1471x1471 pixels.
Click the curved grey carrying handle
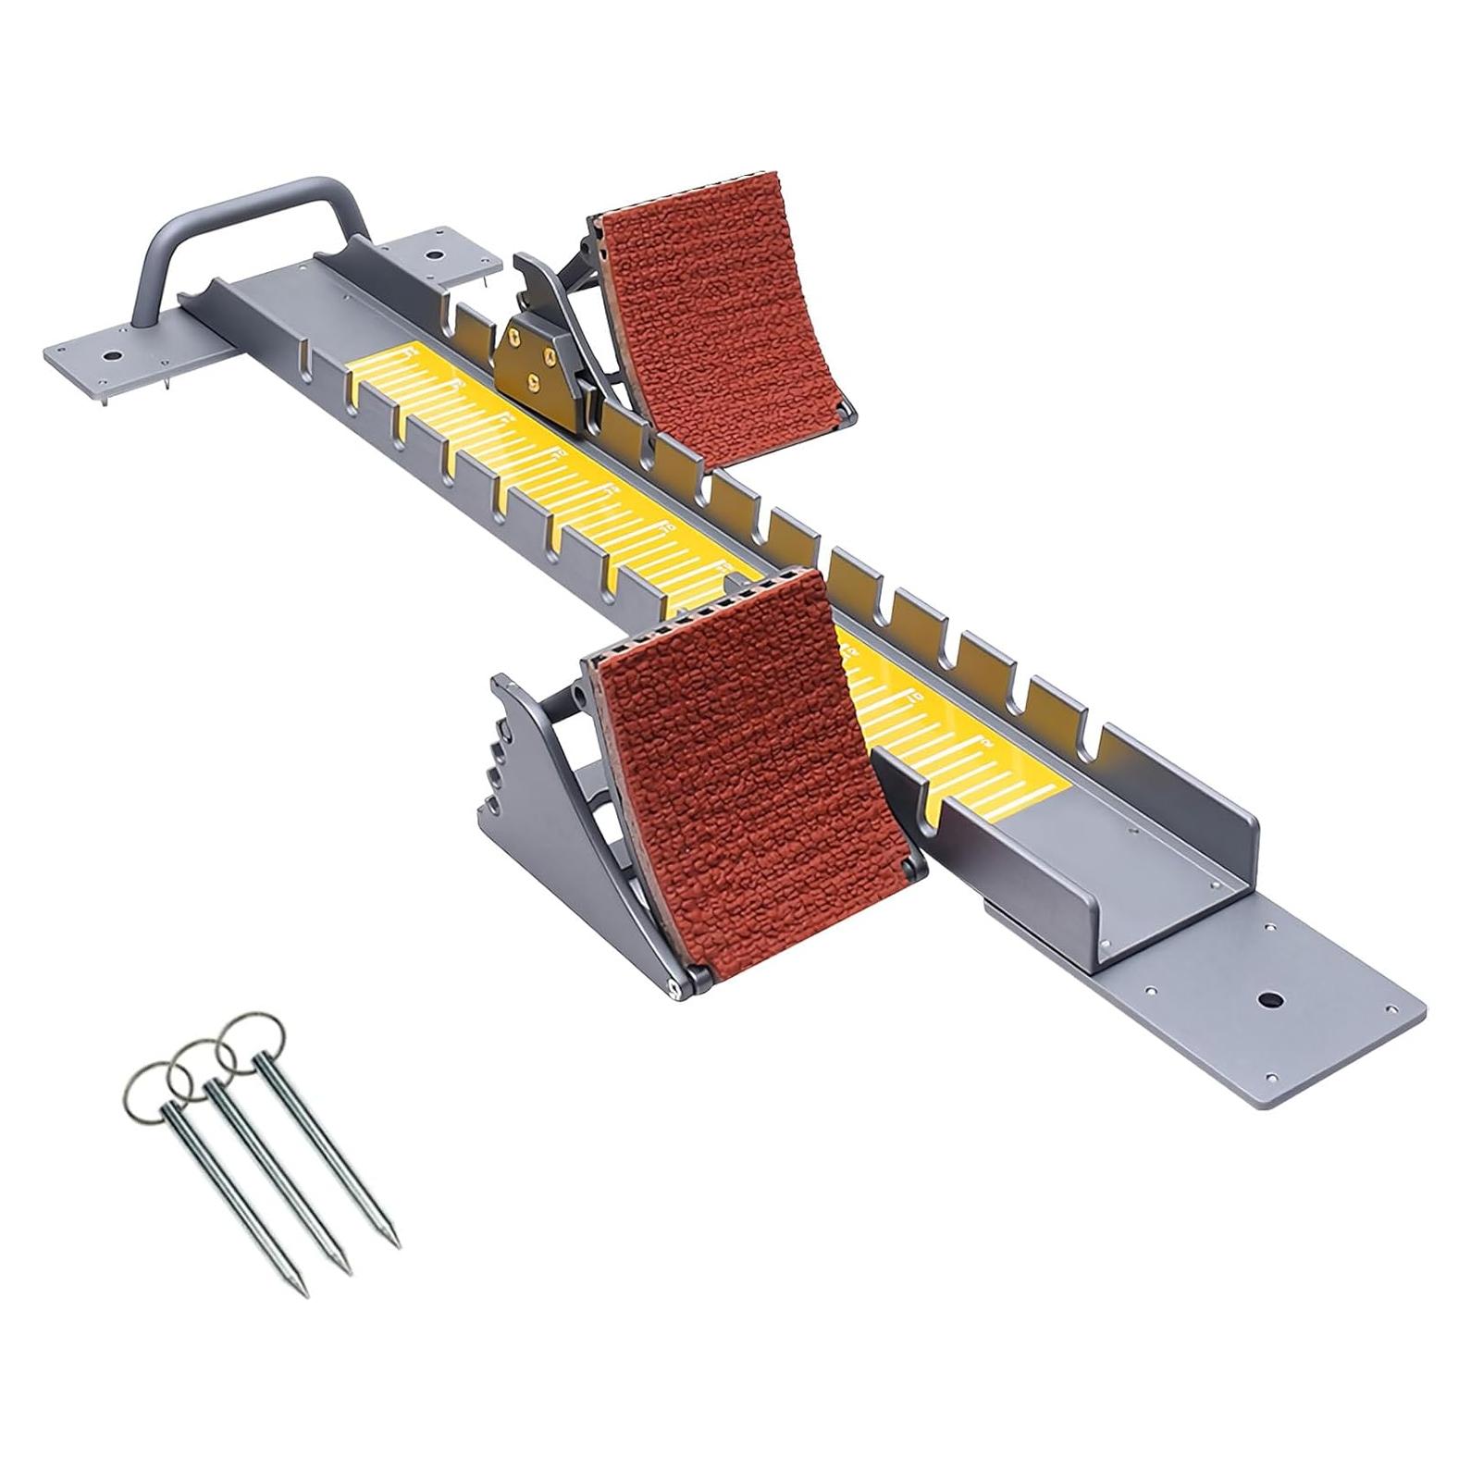(x=250, y=196)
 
